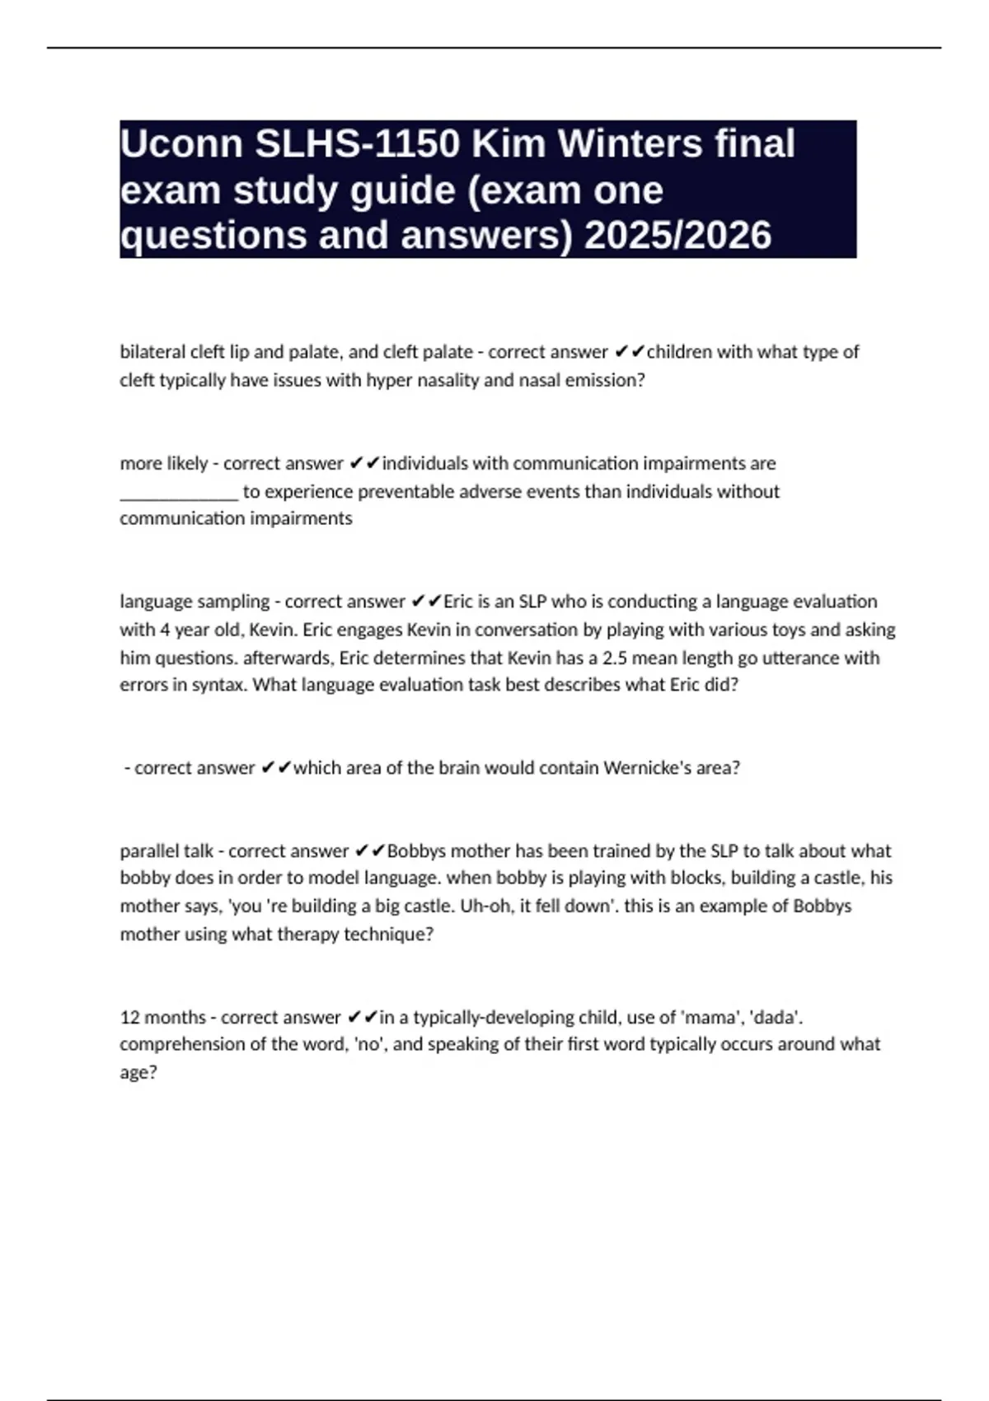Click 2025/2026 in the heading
pos(678,235)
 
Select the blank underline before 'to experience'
pos(179,494)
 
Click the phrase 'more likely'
pos(164,463)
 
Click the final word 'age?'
pos(138,1072)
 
